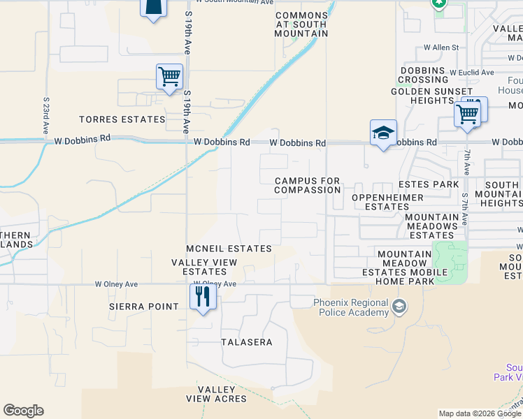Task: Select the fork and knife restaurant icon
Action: pyautogui.click(x=203, y=297)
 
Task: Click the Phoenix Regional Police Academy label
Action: pyautogui.click(x=350, y=307)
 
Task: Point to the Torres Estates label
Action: pyautogui.click(x=122, y=119)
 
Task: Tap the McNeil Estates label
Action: pyautogui.click(x=229, y=249)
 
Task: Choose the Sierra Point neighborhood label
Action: pyautogui.click(x=135, y=307)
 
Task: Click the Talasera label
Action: pyautogui.click(x=246, y=342)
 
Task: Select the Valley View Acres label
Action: pyautogui.click(x=217, y=394)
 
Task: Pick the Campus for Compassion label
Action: pyautogui.click(x=307, y=185)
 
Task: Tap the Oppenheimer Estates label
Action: pyautogui.click(x=387, y=202)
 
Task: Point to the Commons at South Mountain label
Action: pyautogui.click(x=301, y=24)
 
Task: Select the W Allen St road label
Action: pyautogui.click(x=440, y=47)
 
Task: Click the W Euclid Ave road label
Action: pyautogui.click(x=472, y=72)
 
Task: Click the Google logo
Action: pyautogui.click(x=23, y=411)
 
